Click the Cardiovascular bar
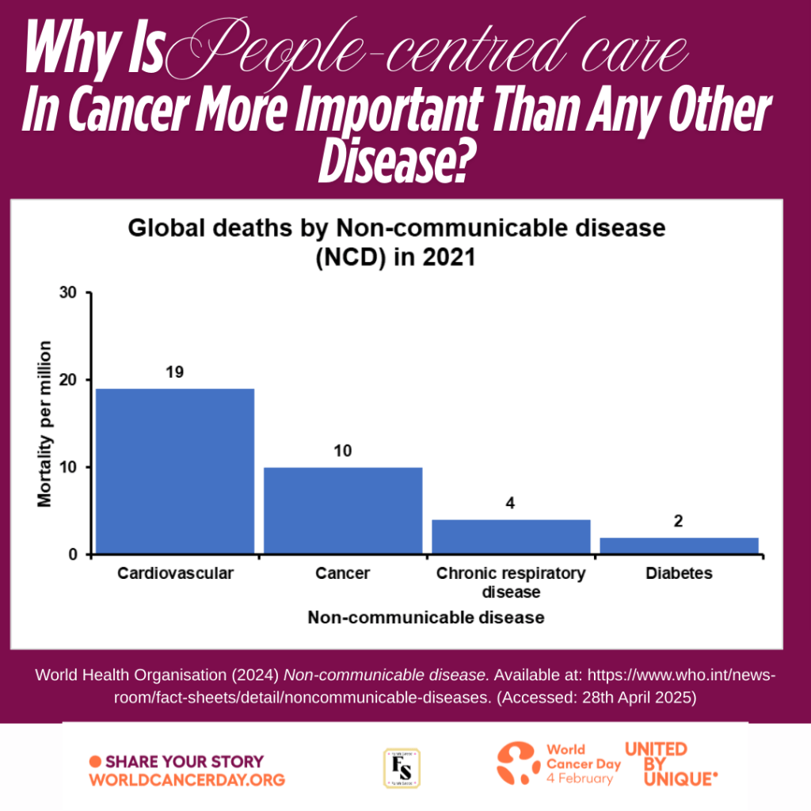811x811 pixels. coord(175,470)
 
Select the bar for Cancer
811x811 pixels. coord(343,510)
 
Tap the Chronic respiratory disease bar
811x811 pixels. coord(511,536)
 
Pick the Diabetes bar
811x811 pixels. coord(679,546)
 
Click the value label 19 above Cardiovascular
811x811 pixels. coord(175,371)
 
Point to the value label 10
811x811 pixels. coord(343,451)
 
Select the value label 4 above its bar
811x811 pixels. coord(511,503)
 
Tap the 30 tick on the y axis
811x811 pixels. coord(71,293)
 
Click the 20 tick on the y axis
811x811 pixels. coord(71,380)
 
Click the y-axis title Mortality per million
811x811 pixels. coord(44,424)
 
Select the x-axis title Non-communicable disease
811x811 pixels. coord(426,618)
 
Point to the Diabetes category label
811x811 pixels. coord(679,573)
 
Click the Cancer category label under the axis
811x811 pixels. coord(343,573)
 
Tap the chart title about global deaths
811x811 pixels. coord(396,242)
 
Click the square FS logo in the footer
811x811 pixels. coord(402,768)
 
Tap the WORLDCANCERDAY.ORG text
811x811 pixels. coord(187,779)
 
